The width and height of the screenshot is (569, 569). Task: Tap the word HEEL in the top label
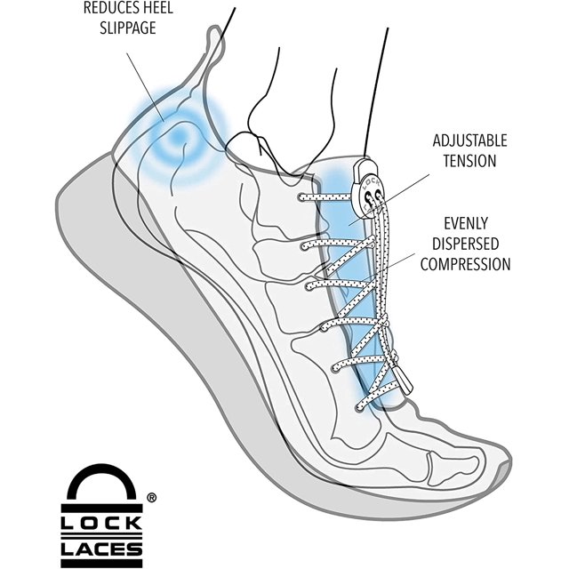click(x=156, y=8)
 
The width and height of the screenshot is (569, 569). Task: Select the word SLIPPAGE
click(x=128, y=28)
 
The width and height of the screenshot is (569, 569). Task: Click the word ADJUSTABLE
click(x=469, y=140)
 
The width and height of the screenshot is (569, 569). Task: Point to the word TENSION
click(x=469, y=160)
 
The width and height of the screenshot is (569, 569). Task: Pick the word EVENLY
click(x=466, y=223)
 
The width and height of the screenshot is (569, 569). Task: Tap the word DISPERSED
click(x=466, y=244)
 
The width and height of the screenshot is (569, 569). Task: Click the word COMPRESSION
click(x=466, y=264)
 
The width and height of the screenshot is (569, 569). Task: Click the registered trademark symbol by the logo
click(x=151, y=498)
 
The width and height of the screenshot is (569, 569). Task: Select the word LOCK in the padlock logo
click(x=101, y=524)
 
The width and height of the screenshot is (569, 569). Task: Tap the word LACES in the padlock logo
click(x=101, y=549)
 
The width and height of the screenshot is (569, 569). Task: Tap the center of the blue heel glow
click(x=177, y=137)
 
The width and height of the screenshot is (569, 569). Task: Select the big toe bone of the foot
click(x=453, y=469)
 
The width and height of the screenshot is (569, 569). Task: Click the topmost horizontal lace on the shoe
click(x=324, y=197)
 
